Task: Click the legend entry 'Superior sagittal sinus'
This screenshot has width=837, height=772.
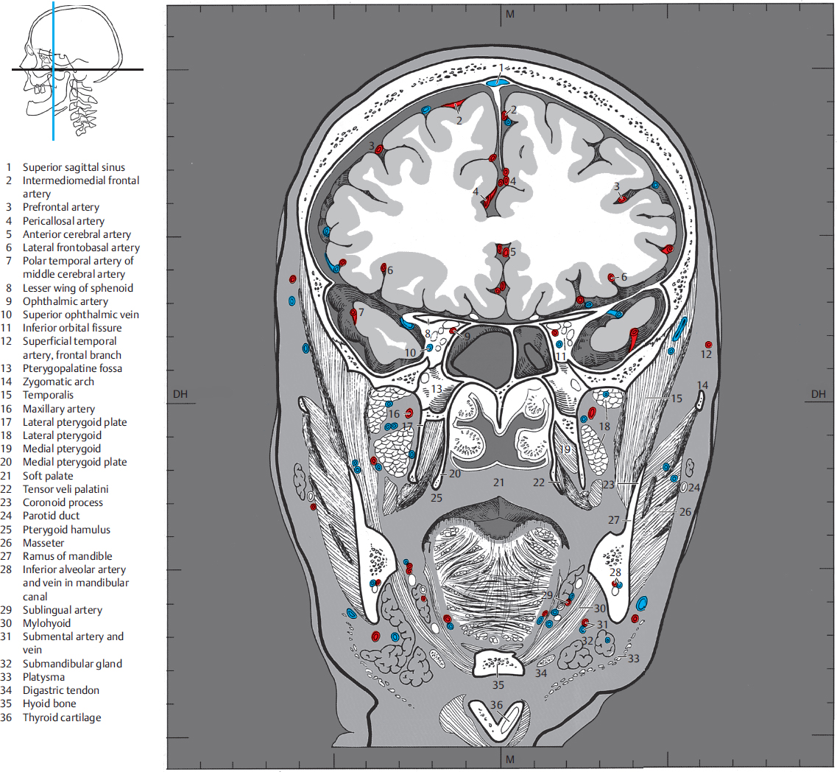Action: (74, 167)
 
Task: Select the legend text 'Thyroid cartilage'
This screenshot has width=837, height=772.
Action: (62, 717)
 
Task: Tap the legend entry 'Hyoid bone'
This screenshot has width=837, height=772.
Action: (49, 703)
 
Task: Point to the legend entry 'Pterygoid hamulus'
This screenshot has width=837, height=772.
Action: (66, 529)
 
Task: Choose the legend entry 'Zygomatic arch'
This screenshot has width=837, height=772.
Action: (58, 382)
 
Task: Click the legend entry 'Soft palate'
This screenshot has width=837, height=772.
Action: (47, 476)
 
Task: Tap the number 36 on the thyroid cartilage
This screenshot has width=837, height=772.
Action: (497, 705)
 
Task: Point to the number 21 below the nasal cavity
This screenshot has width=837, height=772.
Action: (498, 482)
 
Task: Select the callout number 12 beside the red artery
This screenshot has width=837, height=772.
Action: (707, 354)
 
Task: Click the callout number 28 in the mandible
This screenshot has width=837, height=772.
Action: (615, 572)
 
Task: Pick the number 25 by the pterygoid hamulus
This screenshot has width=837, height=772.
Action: (436, 499)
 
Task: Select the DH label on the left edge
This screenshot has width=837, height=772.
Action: (180, 394)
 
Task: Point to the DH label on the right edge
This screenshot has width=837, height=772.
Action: (819, 394)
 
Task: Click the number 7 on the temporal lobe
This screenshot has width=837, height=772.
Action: (361, 312)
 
